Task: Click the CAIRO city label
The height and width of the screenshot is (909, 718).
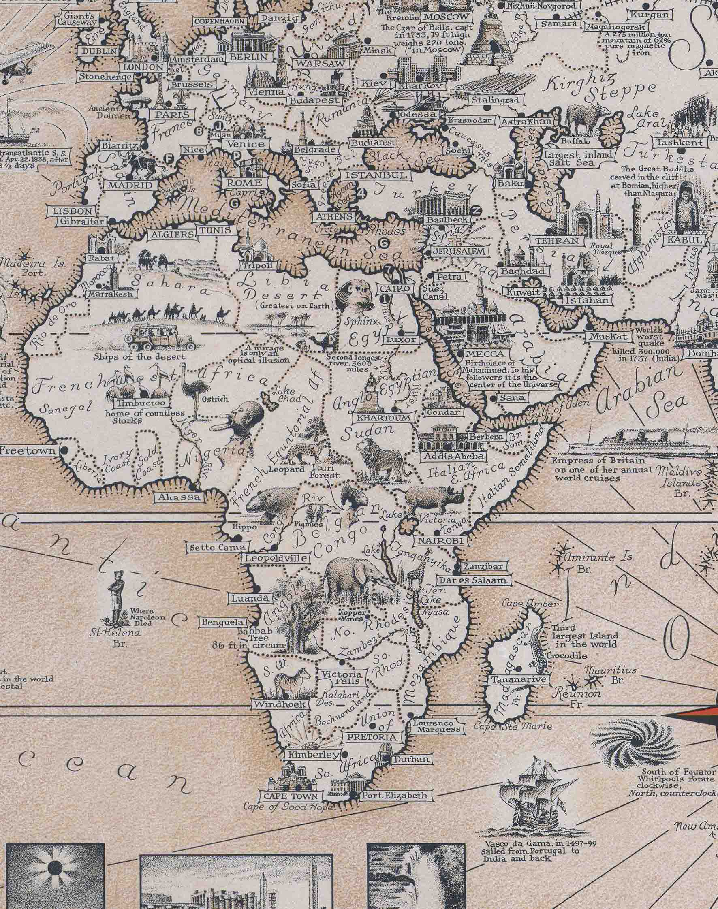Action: tap(395, 289)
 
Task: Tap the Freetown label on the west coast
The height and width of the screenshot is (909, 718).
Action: tap(27, 451)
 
